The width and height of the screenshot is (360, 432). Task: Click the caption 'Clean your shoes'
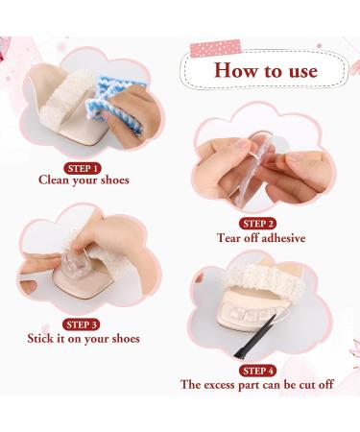tap(84, 179)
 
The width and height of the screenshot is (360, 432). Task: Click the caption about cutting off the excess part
tap(256, 384)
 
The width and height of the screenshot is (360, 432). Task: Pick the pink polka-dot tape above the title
tap(214, 47)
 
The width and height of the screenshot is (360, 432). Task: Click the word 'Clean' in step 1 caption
tap(55, 179)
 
